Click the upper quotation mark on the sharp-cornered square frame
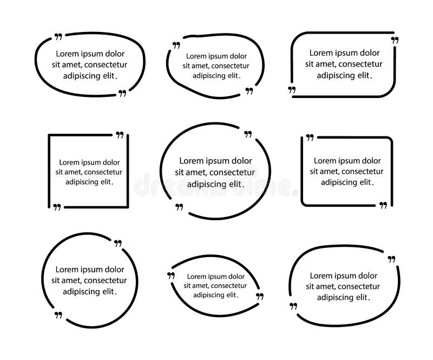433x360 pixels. click(120, 135)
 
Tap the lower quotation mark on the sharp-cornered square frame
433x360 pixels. click(57, 207)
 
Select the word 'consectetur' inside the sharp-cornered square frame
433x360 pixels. click(104, 172)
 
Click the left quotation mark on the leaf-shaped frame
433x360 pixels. click(171, 276)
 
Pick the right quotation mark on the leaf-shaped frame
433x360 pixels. click(259, 297)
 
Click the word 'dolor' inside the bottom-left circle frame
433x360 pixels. click(114, 270)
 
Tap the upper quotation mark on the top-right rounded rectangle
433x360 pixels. click(395, 41)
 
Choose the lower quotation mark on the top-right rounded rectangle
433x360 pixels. click(292, 89)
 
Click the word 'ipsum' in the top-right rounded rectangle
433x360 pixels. click(345, 53)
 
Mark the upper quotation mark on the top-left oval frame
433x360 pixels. click(58, 37)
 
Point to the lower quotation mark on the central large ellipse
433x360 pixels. click(179, 206)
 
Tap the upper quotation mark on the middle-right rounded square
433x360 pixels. click(310, 138)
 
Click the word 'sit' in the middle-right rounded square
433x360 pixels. click(314, 172)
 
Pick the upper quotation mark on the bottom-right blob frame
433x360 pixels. click(392, 259)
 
